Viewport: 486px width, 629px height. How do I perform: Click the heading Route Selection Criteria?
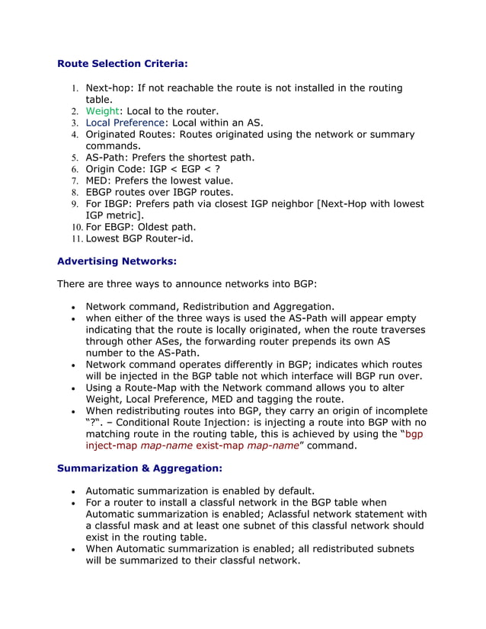[x=122, y=64]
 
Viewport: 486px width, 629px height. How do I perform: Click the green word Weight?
[x=101, y=111]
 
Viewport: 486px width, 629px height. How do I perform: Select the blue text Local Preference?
[x=126, y=123]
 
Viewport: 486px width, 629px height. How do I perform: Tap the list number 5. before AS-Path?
[x=75, y=158]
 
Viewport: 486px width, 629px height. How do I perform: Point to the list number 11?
[x=76, y=238]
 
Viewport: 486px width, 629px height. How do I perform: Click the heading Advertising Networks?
[x=117, y=261]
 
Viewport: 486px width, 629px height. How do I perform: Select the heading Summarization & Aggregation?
[x=139, y=468]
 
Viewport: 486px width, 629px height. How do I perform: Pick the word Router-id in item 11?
[x=168, y=238]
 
